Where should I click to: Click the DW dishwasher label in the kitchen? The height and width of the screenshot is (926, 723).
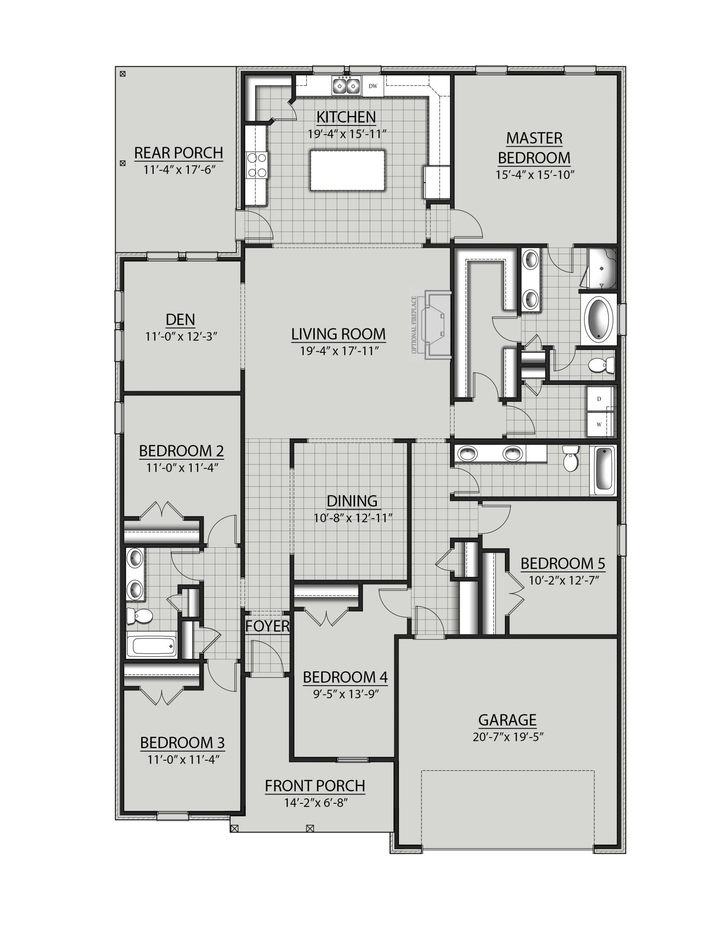click(373, 86)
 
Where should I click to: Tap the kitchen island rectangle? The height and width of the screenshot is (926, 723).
click(348, 170)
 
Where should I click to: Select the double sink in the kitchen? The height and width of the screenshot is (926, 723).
click(346, 86)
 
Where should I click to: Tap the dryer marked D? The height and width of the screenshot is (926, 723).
click(599, 399)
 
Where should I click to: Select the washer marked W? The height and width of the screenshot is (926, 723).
click(599, 424)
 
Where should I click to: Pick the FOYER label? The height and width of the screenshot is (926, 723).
click(268, 626)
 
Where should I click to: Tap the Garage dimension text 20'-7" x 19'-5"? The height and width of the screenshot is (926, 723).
click(507, 737)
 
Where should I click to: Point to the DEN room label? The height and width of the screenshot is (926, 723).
click(181, 319)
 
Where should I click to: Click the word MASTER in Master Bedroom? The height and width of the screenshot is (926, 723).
click(534, 138)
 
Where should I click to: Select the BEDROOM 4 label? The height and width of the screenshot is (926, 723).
click(345, 677)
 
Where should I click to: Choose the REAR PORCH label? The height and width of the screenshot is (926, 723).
click(179, 152)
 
